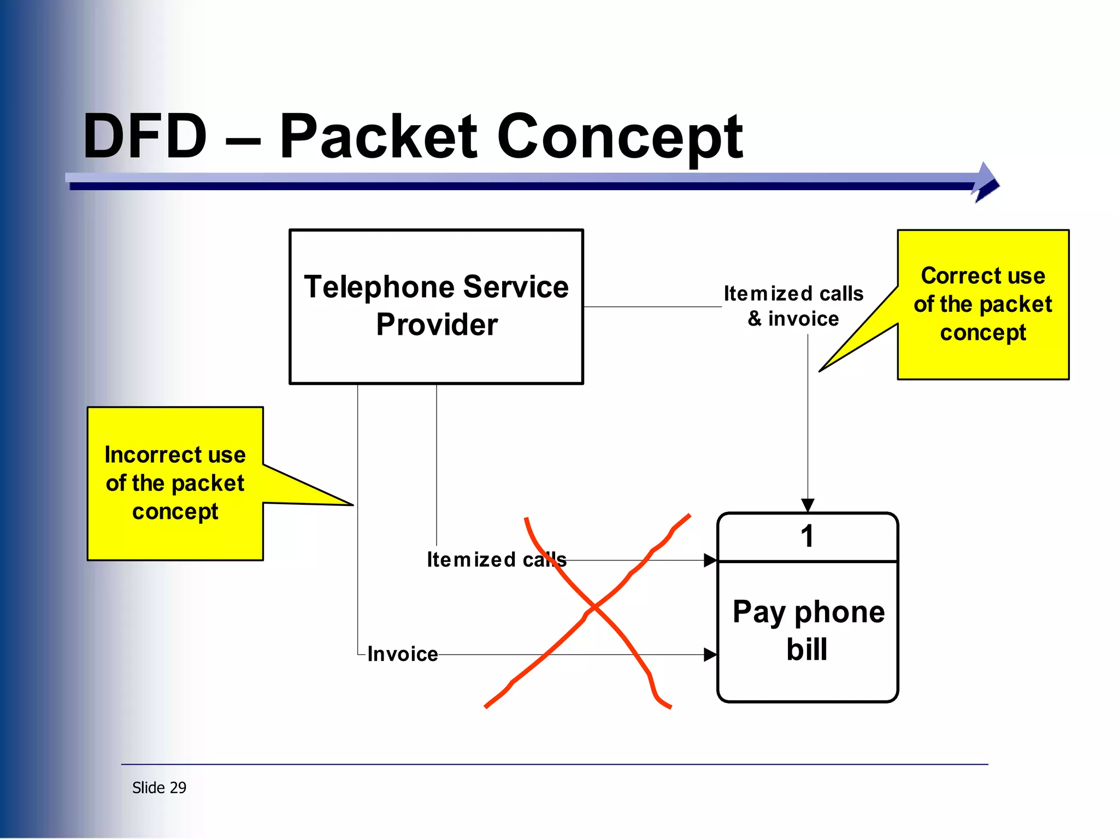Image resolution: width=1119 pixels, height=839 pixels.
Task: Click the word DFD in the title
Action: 145,137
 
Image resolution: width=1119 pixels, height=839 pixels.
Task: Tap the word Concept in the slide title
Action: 620,137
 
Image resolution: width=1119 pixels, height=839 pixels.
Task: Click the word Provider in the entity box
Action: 437,324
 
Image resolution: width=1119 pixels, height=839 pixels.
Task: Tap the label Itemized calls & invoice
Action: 793,306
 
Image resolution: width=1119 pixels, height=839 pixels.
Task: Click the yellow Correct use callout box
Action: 982,304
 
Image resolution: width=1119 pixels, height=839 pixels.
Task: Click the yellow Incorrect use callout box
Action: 175,483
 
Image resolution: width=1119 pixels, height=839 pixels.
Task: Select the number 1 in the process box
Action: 807,536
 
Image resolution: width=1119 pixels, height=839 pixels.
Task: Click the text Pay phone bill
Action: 808,630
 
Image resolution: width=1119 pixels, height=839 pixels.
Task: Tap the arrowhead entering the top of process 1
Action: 808,505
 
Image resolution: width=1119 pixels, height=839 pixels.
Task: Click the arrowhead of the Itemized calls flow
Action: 710,560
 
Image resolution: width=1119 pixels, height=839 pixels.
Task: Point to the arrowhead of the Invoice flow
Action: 710,654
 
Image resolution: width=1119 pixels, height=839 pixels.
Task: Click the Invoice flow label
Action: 403,654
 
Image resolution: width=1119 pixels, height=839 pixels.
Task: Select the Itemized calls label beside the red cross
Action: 496,560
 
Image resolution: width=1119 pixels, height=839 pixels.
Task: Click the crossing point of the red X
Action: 594,607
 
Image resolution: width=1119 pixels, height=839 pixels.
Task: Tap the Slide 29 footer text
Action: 159,788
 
